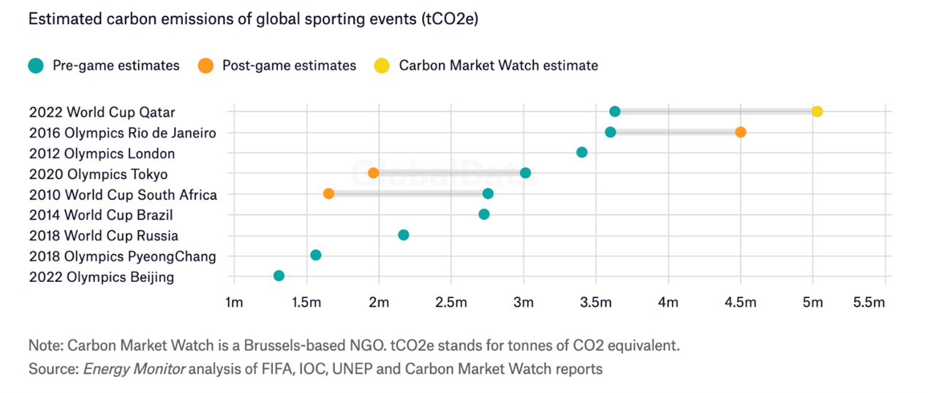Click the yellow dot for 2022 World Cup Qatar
pyautogui.click(x=817, y=112)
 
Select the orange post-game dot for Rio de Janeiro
pyautogui.click(x=740, y=132)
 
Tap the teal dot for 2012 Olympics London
pyautogui.click(x=581, y=153)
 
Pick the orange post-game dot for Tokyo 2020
pyautogui.click(x=373, y=173)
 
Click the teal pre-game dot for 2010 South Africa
pyautogui.click(x=488, y=194)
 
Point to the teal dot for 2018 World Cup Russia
pyautogui.click(x=403, y=234)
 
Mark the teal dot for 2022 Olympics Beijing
pyautogui.click(x=279, y=275)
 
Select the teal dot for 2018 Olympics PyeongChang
pyautogui.click(x=315, y=255)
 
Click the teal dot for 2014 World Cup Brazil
pyautogui.click(x=483, y=214)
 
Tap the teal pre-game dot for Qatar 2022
pyautogui.click(x=614, y=112)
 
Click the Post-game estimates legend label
pyautogui.click(x=289, y=66)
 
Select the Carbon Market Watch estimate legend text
pyautogui.click(x=498, y=66)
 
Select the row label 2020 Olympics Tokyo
pyautogui.click(x=98, y=175)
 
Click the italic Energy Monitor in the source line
pyautogui.click(x=135, y=369)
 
